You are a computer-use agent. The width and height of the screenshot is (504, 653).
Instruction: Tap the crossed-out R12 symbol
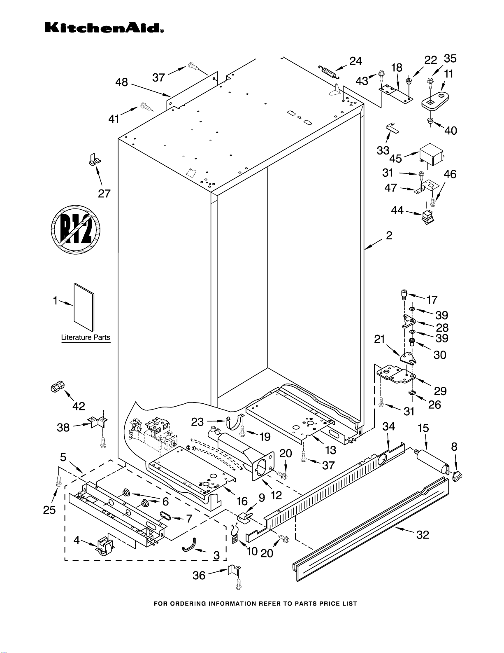pos(76,229)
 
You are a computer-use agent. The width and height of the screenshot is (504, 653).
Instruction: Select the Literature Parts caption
pos(86,337)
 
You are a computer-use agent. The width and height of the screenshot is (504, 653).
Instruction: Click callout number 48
pos(121,82)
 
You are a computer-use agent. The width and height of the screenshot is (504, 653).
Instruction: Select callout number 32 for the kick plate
pos(423,534)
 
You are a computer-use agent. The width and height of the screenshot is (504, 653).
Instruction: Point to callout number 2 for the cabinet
pos(389,236)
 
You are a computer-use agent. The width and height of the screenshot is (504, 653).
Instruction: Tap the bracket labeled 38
pos(97,422)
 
